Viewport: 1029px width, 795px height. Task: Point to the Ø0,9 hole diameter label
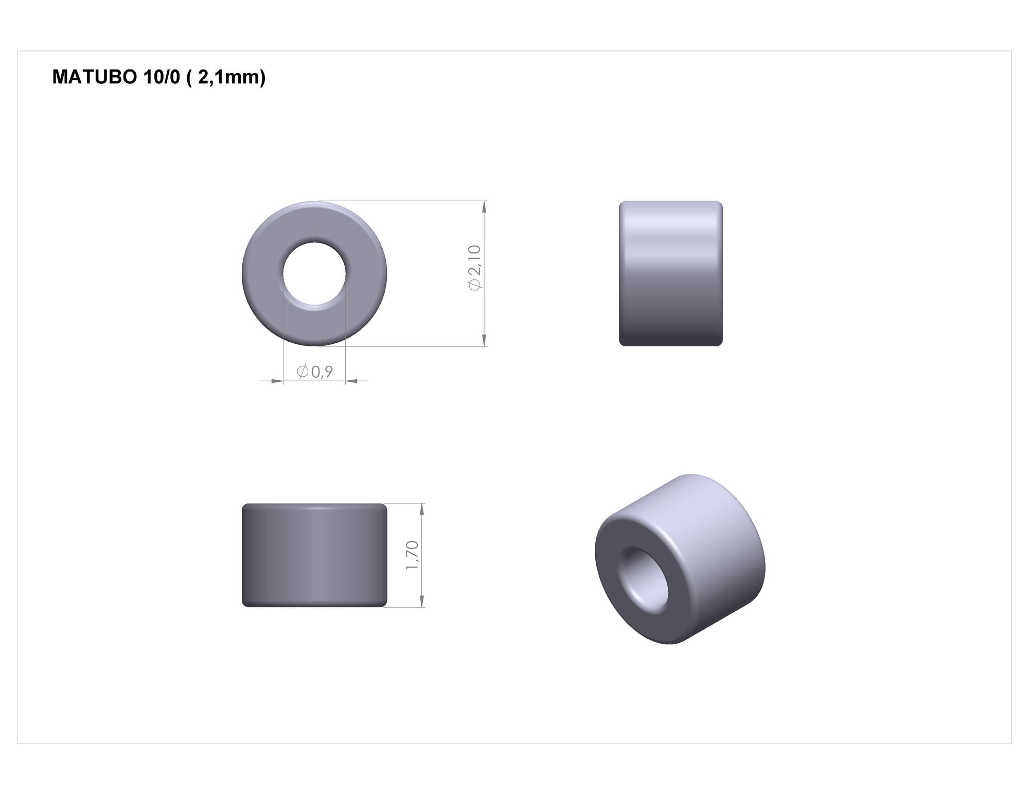pyautogui.click(x=315, y=371)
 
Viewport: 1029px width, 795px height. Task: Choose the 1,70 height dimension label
pyautogui.click(x=413, y=555)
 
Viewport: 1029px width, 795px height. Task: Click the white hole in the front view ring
pyautogui.click(x=314, y=274)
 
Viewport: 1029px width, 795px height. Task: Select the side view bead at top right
pyautogui.click(x=671, y=273)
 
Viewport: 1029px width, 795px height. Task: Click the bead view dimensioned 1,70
pyautogui.click(x=314, y=555)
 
